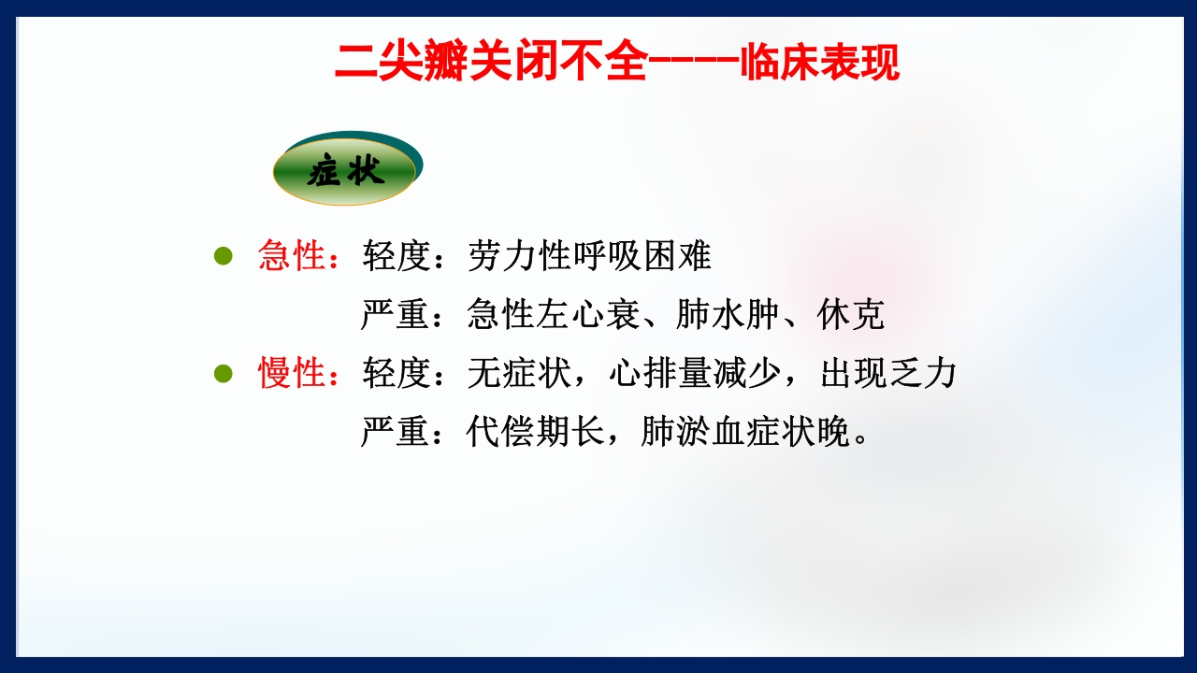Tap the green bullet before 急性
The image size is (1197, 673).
(223, 256)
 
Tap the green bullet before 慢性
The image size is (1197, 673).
(223, 374)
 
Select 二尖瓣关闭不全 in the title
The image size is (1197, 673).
(490, 64)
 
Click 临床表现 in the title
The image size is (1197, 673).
(819, 64)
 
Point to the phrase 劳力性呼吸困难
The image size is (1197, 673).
(589, 256)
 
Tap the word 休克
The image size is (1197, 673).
(850, 315)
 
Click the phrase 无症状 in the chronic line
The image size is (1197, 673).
(519, 374)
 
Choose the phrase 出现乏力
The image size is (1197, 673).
(888, 374)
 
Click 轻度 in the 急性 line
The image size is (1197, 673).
(396, 256)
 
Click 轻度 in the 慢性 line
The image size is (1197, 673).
(396, 374)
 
